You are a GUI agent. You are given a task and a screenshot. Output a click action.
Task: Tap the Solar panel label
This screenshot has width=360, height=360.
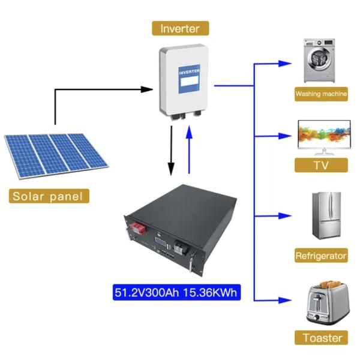(x=50, y=196)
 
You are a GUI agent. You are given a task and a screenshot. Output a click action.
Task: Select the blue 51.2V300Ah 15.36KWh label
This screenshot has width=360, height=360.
(x=178, y=292)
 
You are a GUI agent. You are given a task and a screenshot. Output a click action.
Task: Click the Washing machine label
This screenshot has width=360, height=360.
(x=321, y=94)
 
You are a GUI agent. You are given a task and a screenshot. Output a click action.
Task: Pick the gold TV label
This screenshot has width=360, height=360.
(x=321, y=166)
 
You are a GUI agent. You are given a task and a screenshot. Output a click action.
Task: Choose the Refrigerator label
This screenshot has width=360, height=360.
(x=321, y=256)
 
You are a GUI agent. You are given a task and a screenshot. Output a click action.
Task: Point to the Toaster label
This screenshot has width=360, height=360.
(x=321, y=337)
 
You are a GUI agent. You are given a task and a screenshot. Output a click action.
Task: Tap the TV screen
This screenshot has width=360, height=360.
(x=323, y=133)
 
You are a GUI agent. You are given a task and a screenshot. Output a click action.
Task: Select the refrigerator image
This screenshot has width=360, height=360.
(x=323, y=218)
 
